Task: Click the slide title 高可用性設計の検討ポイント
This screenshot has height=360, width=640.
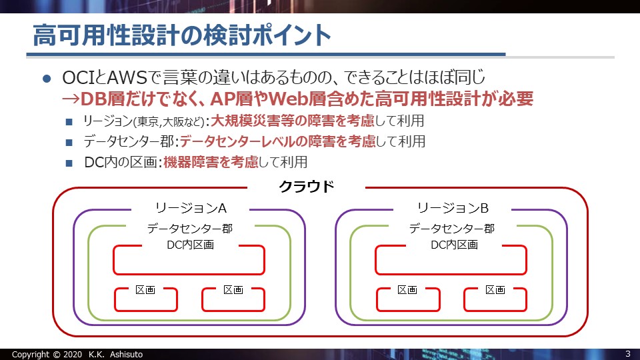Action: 181,35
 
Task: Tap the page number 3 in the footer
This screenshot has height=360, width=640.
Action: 628,354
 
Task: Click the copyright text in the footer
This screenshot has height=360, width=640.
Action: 77,354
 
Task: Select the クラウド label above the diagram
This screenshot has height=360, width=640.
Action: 306,187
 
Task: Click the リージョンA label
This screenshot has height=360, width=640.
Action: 191,208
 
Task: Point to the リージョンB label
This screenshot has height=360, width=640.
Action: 453,208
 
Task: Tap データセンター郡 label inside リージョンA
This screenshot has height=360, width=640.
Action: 190,228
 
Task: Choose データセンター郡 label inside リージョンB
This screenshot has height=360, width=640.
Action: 452,228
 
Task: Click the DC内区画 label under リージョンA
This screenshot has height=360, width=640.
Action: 190,245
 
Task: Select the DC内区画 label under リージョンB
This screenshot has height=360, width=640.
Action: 454,245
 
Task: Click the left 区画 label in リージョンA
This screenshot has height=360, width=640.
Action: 145,290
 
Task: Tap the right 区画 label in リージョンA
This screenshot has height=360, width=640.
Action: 233,290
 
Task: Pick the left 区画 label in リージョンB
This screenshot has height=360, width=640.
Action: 407,290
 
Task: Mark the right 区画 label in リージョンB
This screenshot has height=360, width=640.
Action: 495,290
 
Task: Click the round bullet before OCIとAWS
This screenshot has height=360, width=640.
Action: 47,79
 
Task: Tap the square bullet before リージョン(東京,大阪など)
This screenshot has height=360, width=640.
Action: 69,121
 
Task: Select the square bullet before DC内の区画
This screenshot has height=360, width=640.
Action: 69,163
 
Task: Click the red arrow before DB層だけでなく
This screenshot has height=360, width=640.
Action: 71,99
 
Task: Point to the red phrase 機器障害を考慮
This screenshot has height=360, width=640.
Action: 211,162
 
